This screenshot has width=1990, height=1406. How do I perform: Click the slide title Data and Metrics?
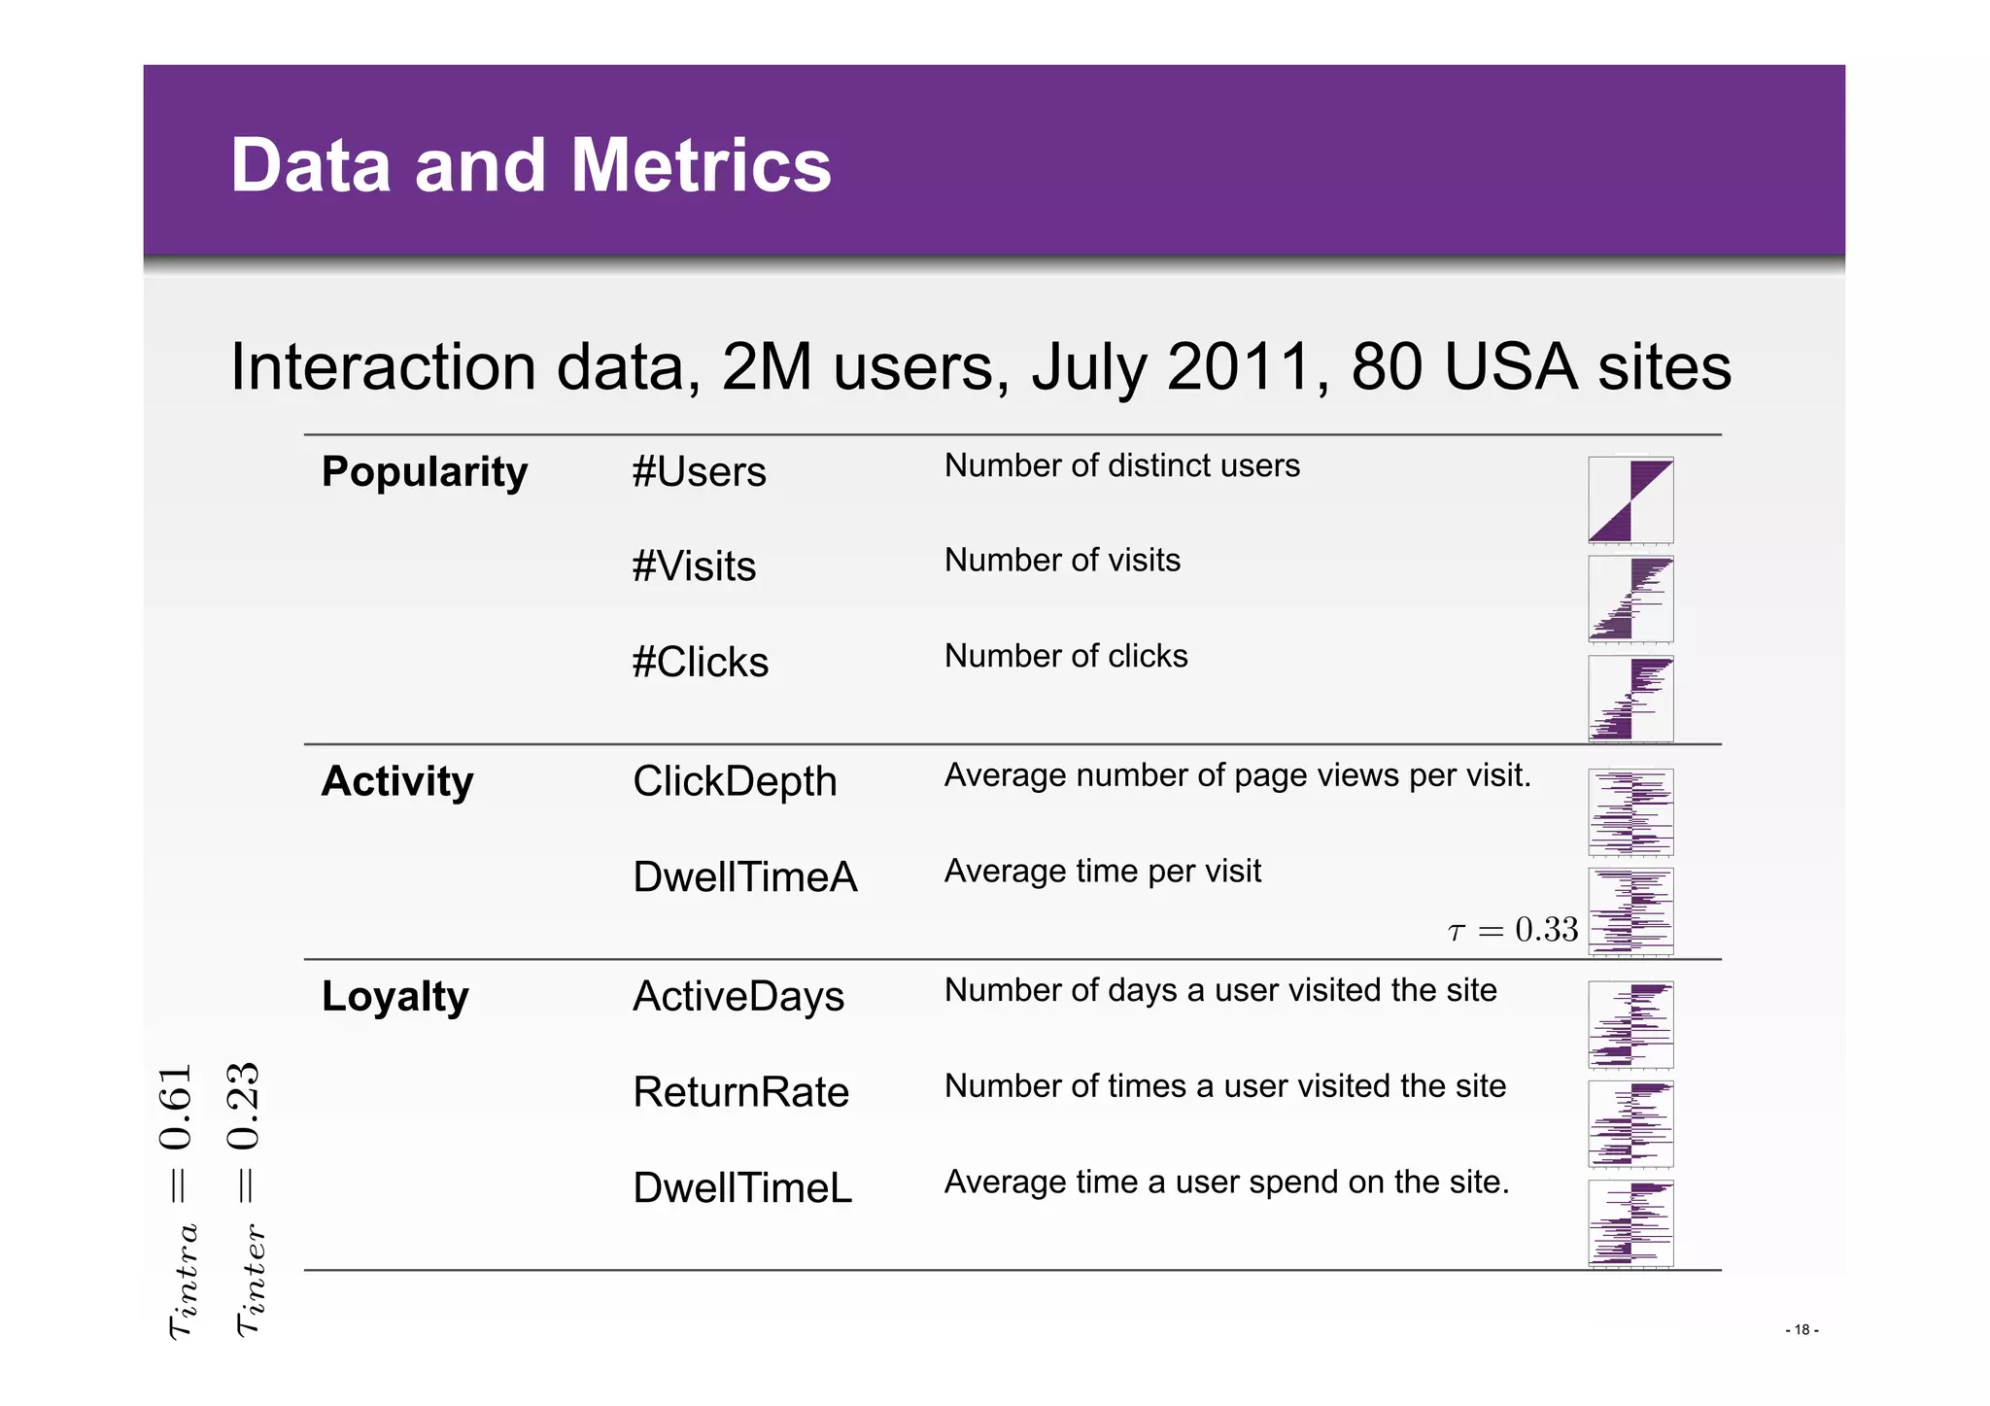coord(531,165)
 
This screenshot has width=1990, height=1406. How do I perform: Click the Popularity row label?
coord(424,472)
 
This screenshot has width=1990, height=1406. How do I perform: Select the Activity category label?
coord(397,781)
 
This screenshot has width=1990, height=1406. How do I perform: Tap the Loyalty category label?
coord(395,997)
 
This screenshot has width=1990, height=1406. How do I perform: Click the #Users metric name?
coord(699,472)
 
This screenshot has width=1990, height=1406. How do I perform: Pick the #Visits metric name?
coord(694,566)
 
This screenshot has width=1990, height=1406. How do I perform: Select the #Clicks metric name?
coord(700,663)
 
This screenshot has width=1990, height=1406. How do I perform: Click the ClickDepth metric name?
coord(735,781)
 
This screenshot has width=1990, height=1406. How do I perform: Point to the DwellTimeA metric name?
coord(745,877)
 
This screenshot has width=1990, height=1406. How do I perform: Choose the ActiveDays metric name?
coord(738,997)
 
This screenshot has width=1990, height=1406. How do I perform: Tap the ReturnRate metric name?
coord(741,1092)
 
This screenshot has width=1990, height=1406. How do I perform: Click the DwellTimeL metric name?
coord(742,1188)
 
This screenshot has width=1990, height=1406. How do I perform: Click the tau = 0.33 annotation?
coord(1513,930)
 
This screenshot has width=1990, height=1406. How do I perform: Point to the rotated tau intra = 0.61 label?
coord(180,1202)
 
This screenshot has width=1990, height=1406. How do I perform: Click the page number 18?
coord(1801,1330)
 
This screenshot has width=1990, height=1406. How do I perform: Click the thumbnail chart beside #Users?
coord(1630,500)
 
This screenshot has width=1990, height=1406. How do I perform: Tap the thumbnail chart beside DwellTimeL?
coord(1630,1223)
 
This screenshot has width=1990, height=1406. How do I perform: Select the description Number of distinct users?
coord(1121,466)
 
